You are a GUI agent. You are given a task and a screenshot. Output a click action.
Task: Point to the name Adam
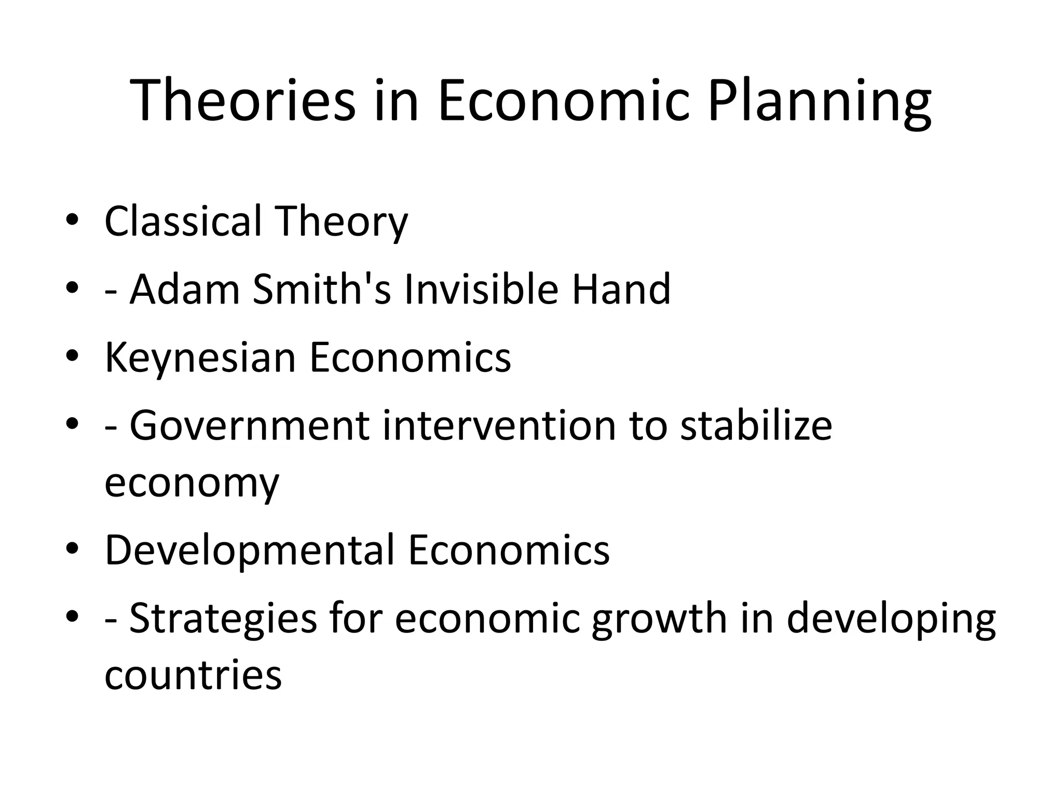[184, 289]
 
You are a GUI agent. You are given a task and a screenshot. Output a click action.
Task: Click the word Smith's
[322, 289]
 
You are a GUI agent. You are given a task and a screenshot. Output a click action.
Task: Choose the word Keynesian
[200, 358]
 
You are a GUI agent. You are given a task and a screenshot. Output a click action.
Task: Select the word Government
[249, 426]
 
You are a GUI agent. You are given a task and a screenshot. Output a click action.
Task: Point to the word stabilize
[756, 426]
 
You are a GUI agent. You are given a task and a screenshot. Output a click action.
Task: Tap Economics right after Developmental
[509, 549]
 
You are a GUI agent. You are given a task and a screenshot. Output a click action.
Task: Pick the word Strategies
[223, 619]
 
